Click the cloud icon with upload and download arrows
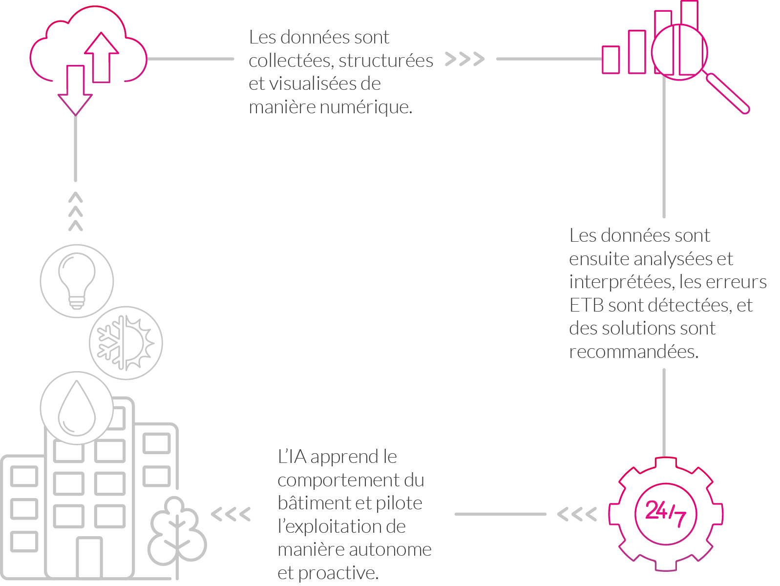coord(88,49)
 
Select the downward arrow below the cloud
coord(75,90)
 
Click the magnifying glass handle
coord(728,93)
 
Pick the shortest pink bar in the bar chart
coord(611,60)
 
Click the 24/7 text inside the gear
coord(665,513)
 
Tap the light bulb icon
coord(77,281)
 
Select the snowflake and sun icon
coord(126,343)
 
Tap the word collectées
coord(291,61)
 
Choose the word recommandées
coord(633,352)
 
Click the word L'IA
coord(292,457)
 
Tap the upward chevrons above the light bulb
coord(76,211)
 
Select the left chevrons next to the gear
coord(577,514)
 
